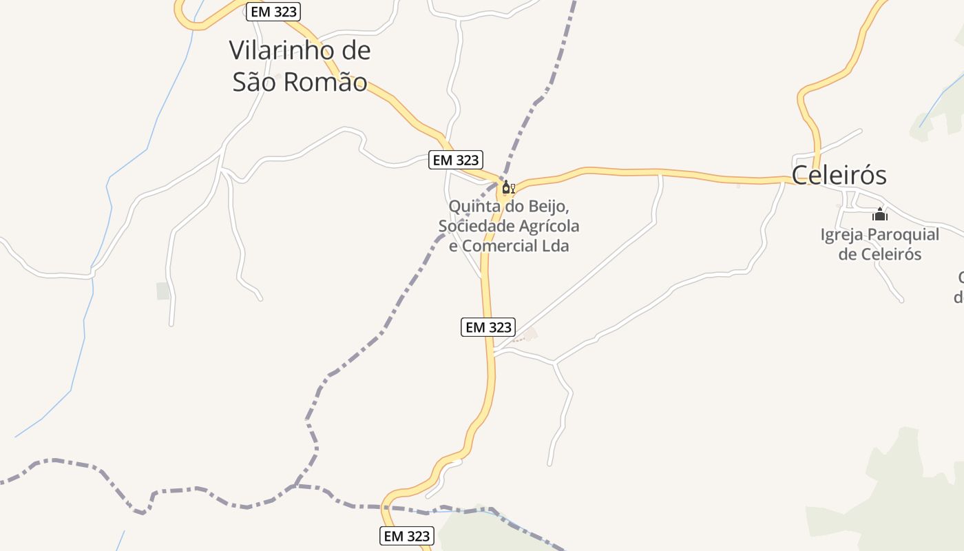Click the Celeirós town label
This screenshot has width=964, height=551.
pos(839,175)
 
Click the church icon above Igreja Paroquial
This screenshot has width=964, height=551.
pos(880,214)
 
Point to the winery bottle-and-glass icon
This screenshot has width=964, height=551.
pos(508,187)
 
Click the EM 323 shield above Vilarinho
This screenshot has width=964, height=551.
pos(273,12)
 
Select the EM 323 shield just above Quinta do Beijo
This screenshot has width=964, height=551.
pos(454,160)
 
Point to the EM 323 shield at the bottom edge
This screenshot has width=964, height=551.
pos(406,536)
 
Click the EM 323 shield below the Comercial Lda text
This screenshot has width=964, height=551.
pos(488,327)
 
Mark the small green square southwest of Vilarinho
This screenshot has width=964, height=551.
pos(163,291)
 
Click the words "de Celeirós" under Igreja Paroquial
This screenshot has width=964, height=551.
pos(880,254)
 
